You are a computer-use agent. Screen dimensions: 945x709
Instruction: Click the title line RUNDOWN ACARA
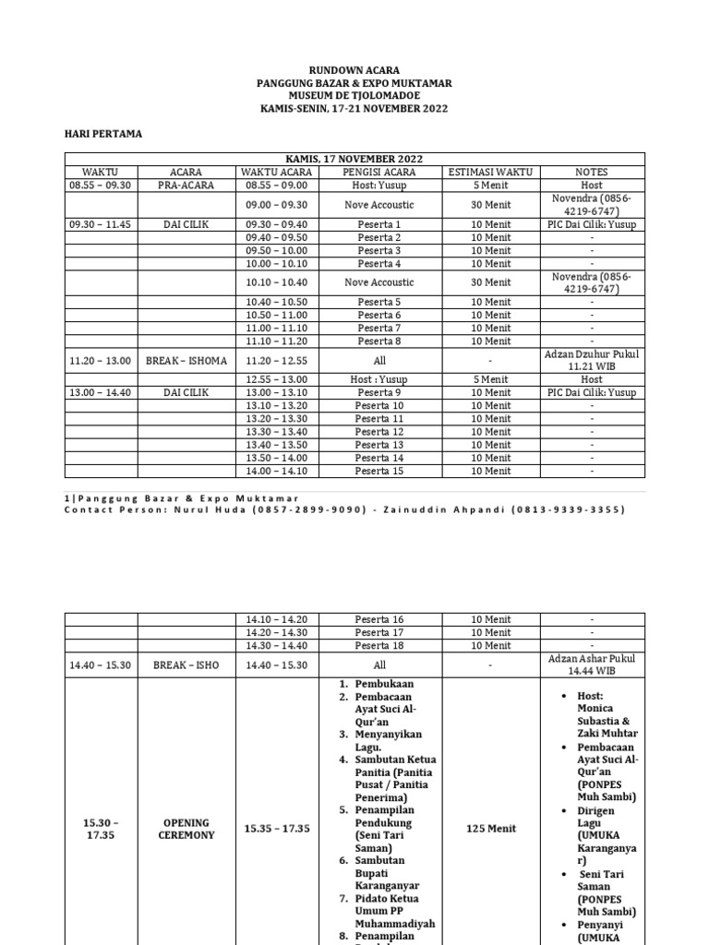[x=354, y=70]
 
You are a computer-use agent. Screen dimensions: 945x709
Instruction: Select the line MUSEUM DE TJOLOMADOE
[x=354, y=96]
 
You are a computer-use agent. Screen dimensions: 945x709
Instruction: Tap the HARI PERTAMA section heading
[x=102, y=134]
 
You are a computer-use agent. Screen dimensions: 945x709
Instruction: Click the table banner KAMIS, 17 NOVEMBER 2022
[x=354, y=159]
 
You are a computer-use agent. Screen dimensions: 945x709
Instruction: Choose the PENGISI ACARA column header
[x=379, y=172]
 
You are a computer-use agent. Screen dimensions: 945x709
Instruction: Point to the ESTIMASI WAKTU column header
[x=490, y=172]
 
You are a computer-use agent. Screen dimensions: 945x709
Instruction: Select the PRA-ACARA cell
[x=186, y=185]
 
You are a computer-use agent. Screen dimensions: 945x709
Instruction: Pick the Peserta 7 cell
[x=379, y=328]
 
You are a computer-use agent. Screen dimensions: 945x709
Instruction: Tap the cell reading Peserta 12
[x=379, y=432]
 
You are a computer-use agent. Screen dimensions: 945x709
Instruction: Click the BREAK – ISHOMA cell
[x=186, y=360]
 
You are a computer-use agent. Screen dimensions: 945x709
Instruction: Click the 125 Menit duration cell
[x=490, y=829]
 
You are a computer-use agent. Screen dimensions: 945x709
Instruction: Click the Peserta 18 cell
[x=379, y=646]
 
